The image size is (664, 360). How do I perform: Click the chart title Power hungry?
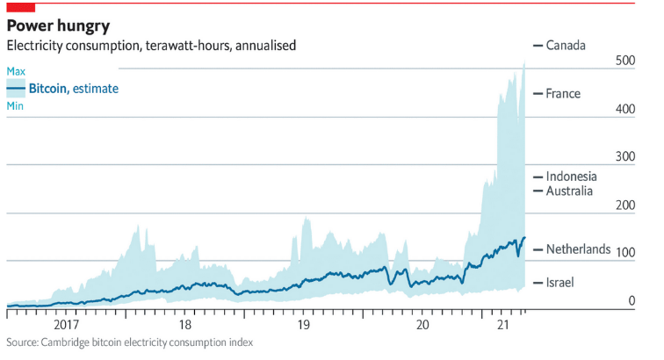click(x=58, y=25)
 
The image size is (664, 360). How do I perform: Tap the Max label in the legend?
click(x=16, y=71)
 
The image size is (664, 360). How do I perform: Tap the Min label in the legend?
click(x=15, y=106)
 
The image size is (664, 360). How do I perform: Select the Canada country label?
click(x=565, y=45)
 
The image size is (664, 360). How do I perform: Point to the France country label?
click(x=563, y=93)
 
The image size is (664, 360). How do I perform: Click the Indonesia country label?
click(x=571, y=176)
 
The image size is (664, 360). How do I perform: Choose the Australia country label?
click(x=569, y=191)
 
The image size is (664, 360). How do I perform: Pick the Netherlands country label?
click(x=578, y=249)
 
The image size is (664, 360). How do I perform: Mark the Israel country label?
click(x=560, y=282)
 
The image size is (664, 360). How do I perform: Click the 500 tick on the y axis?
click(x=624, y=61)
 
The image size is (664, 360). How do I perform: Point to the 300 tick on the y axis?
click(x=624, y=156)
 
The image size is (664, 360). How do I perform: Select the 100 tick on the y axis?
click(x=624, y=253)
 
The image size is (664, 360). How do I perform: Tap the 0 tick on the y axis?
click(x=631, y=301)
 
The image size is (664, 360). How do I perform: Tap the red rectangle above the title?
click(x=20, y=7)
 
